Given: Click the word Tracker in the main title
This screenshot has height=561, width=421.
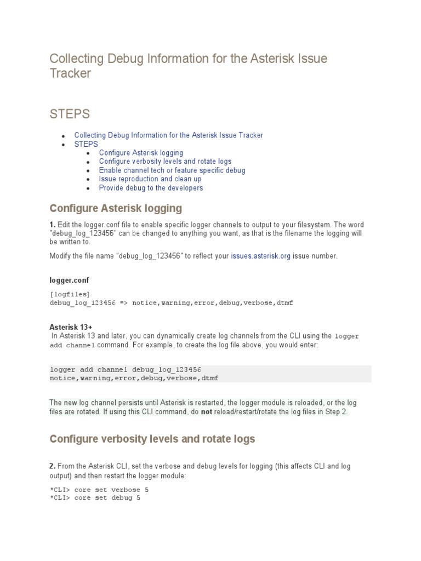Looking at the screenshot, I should [x=70, y=73].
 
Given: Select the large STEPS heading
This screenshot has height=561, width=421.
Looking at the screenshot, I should [x=70, y=114].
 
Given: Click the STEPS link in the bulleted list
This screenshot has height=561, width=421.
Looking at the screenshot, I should [x=86, y=144].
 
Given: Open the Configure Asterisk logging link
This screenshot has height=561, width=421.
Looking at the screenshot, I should [x=141, y=153].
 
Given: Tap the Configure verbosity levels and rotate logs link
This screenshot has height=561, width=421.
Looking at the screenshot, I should [x=165, y=162].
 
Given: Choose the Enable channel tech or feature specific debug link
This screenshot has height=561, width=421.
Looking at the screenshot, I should [x=172, y=170].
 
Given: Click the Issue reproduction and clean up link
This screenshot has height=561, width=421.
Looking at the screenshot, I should [x=150, y=179].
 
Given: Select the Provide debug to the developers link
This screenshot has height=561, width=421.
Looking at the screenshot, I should [x=151, y=188].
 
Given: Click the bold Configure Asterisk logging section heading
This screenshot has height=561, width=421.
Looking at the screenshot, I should [x=115, y=209].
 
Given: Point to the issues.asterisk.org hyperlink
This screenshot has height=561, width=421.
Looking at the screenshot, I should [x=260, y=256].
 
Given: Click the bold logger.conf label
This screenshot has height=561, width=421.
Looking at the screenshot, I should [x=69, y=280].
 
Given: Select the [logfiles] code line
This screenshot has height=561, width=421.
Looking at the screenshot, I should [x=70, y=294].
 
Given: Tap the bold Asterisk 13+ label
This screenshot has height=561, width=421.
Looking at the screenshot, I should [x=71, y=327].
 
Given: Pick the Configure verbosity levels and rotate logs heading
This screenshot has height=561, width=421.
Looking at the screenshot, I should [x=152, y=439].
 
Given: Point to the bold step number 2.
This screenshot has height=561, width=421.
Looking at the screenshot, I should [x=53, y=466].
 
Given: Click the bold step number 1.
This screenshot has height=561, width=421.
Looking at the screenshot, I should [x=53, y=225].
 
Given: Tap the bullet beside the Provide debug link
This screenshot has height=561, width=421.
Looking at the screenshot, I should [x=89, y=188].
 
